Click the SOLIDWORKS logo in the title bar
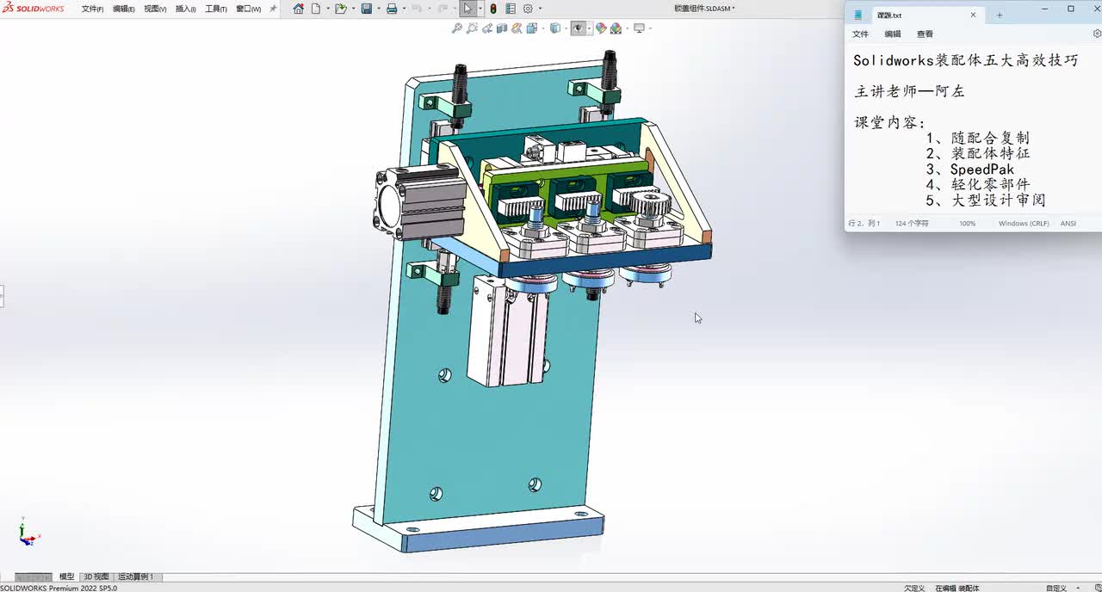pos(33,9)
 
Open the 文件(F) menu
pos(92,9)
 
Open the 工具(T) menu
pos(215,9)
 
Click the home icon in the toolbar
pos(298,9)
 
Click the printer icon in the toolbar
pos(392,9)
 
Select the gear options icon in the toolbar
pos(528,9)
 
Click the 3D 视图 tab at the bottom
pos(96,577)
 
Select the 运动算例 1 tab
pos(135,577)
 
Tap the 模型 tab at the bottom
pos(66,577)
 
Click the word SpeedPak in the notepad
pos(981,170)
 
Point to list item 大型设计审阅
pos(998,200)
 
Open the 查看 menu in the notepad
pos(925,34)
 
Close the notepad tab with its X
pos(974,15)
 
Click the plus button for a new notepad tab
pos(1000,15)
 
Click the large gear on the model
pos(650,205)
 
